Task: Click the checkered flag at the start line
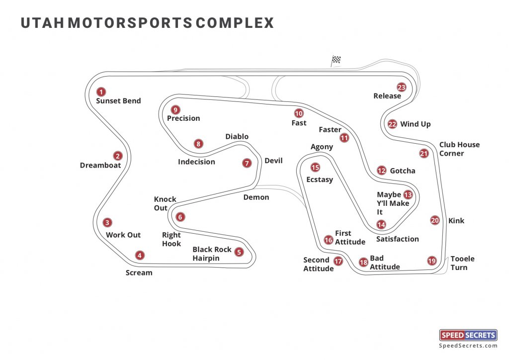336,61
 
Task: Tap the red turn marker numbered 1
101,91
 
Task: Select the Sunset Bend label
118,101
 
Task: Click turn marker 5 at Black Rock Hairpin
239,252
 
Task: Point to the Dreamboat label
100,166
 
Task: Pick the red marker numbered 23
402,88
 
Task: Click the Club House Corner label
459,149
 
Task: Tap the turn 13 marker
408,195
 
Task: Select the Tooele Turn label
462,263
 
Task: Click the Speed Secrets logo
468,335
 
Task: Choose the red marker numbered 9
175,109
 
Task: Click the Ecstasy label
320,180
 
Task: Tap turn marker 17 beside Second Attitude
339,261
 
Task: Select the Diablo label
237,137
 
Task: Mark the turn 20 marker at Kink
435,220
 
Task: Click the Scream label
139,272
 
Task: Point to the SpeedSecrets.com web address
468,346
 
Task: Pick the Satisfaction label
397,239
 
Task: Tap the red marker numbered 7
247,163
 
